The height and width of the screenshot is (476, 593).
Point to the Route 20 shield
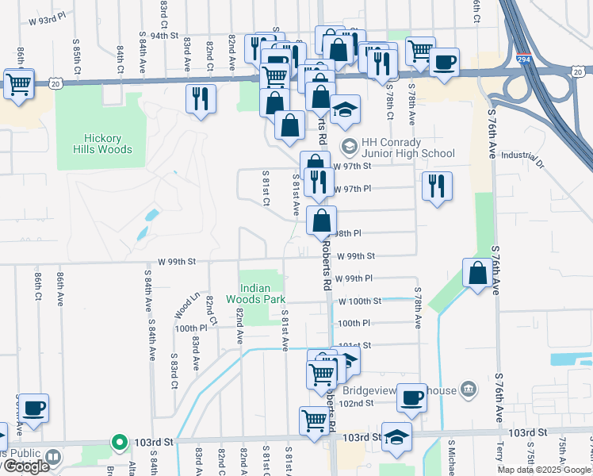(54, 83)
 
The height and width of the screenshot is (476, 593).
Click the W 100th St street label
(360, 301)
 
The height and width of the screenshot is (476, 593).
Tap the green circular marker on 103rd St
(119, 442)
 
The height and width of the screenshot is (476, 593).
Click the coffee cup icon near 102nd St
(411, 397)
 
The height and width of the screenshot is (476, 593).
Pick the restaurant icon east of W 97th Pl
(437, 186)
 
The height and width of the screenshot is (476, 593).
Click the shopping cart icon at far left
(18, 82)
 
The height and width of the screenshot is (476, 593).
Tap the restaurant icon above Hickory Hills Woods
(200, 98)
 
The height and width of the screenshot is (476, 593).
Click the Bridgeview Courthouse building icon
(469, 389)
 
